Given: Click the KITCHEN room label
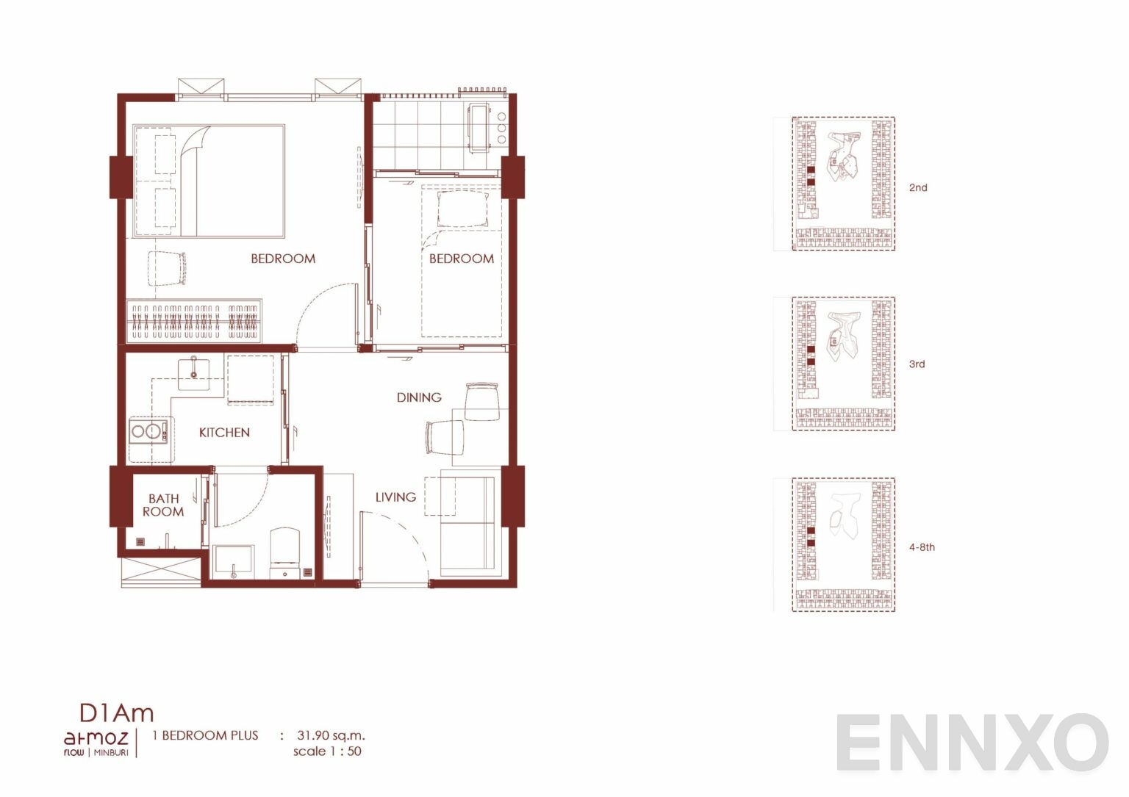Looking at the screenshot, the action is (224, 432).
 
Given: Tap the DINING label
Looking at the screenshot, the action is (419, 397).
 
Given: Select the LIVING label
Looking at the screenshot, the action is (395, 497).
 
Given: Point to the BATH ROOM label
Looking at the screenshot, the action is (163, 505).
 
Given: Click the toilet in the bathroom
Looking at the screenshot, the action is (284, 552).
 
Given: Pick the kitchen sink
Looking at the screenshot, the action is (193, 373).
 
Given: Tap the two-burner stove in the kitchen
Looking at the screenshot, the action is (149, 431).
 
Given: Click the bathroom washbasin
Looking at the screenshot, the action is (233, 561).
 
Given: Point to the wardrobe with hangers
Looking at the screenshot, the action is (193, 322).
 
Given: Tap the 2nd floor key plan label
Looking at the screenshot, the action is (918, 187).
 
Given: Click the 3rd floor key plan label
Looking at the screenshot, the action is (917, 364).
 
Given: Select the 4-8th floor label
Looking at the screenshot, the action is (922, 547).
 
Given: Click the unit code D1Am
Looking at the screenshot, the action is (116, 713).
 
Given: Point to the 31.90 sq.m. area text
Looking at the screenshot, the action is (331, 735).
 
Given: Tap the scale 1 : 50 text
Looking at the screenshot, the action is (328, 751).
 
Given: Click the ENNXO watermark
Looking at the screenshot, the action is (972, 743).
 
